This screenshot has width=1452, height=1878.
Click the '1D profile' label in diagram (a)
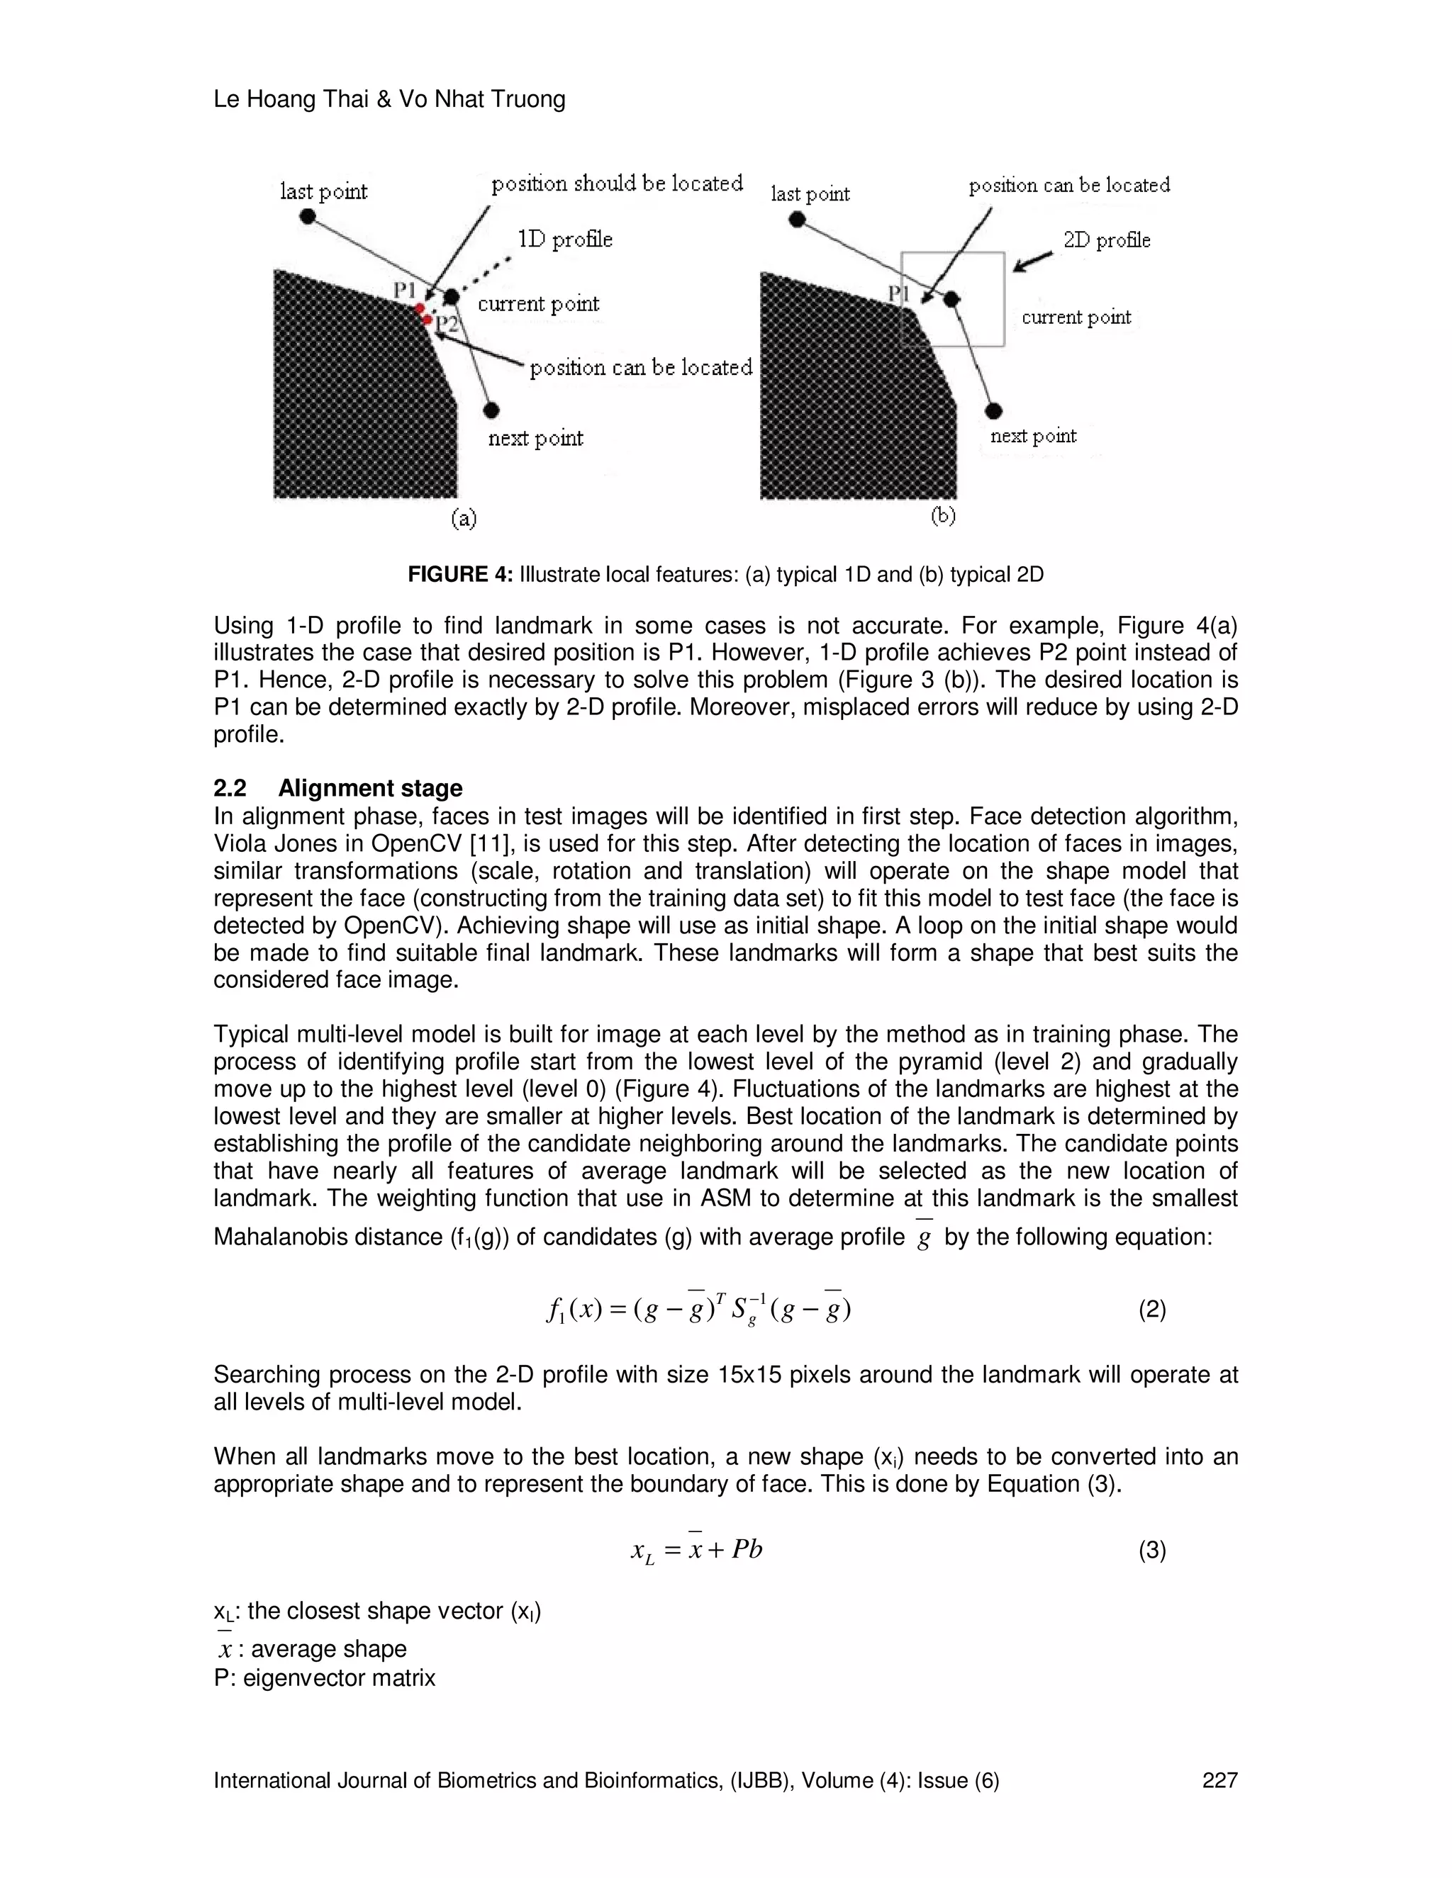565,239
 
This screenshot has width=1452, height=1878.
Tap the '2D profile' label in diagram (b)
1106,240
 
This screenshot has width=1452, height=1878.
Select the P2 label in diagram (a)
447,324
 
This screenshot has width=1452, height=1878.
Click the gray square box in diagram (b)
952,299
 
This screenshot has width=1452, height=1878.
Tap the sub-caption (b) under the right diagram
943,515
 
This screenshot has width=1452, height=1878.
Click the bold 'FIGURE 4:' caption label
459,575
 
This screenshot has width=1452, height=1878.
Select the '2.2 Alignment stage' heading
337,789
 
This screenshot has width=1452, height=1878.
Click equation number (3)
1152,1551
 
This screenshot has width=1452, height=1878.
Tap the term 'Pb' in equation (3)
747,1549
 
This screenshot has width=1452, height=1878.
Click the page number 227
1219,1780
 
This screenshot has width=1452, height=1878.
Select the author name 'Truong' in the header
528,100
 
